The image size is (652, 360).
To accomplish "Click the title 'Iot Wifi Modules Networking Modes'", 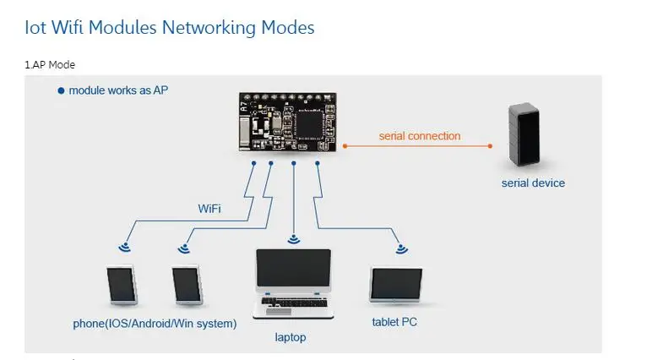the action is [x=170, y=28].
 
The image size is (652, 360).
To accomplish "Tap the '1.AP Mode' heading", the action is [x=50, y=65].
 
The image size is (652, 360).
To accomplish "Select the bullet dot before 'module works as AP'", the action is [x=61, y=90].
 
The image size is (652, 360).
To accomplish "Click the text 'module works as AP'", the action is [x=118, y=90].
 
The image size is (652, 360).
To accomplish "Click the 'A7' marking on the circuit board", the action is [x=244, y=106].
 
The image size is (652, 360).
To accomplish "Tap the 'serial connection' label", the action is [x=420, y=136].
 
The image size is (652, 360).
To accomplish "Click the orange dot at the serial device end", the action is [x=490, y=146].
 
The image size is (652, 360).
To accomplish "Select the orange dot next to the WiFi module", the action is [x=345, y=146].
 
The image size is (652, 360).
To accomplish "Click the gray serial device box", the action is [x=524, y=134].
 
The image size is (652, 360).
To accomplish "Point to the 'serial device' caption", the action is [x=533, y=183].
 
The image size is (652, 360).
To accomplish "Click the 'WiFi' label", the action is [x=209, y=209].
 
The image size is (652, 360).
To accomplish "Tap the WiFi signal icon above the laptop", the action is [x=294, y=239].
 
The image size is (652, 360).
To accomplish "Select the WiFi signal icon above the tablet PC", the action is [x=401, y=249].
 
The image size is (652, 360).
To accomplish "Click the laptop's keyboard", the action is [x=294, y=303].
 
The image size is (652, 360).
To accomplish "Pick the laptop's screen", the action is [x=294, y=268].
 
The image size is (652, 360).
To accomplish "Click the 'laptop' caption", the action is [x=291, y=337].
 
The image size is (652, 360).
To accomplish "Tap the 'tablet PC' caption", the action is [x=394, y=322].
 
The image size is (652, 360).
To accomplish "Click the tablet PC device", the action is [x=396, y=285].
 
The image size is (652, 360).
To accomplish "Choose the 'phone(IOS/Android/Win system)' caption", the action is [x=155, y=324].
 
